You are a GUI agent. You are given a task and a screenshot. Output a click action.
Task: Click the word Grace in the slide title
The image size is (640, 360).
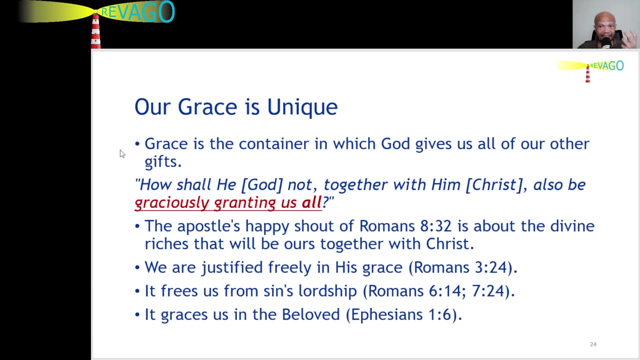click(x=207, y=107)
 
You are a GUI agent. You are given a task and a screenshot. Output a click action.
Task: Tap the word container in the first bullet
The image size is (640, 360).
click(x=273, y=144)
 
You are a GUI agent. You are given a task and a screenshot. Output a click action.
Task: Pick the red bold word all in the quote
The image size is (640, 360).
click(x=311, y=202)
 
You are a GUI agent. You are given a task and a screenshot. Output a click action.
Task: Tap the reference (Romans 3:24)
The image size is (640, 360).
click(x=462, y=267)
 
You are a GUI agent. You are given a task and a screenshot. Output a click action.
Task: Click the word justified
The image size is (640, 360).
click(x=232, y=267)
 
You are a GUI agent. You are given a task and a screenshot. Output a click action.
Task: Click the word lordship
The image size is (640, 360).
click(x=327, y=291)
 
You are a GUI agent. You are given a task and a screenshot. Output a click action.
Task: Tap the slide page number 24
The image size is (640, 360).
click(x=593, y=344)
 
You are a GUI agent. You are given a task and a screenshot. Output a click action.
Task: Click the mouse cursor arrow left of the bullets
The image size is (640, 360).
click(x=121, y=153)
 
